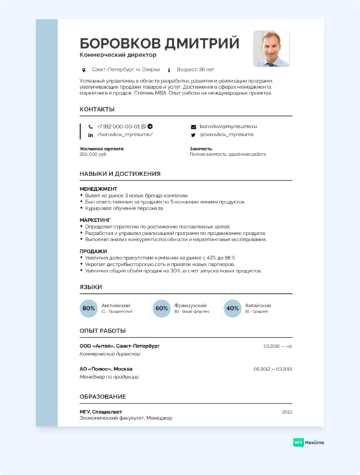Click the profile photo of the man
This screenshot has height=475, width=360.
click(x=271, y=49)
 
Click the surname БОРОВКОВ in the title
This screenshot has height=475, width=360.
click(x=119, y=43)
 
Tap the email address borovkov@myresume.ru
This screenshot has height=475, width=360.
click(x=228, y=127)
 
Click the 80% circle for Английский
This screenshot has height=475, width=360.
click(x=88, y=308)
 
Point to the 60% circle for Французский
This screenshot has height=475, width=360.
click(x=161, y=308)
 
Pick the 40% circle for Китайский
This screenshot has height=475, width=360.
click(x=233, y=308)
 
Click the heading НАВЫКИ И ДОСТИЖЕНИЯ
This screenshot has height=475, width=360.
click(x=120, y=174)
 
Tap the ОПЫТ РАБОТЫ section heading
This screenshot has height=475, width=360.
click(x=103, y=331)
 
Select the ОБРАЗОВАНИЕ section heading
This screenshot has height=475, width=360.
click(x=103, y=396)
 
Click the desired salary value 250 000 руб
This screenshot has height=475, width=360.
click(x=93, y=155)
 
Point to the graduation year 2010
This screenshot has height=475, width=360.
click(x=287, y=412)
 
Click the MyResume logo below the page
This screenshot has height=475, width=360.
click(x=309, y=443)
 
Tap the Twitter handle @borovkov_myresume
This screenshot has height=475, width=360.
click(x=226, y=135)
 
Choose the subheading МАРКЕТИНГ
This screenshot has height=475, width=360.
click(x=95, y=220)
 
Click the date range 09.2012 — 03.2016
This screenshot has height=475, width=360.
click(x=273, y=369)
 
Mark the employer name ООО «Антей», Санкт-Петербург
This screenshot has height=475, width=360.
click(x=119, y=346)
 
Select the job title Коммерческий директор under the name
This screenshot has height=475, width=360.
click(x=118, y=55)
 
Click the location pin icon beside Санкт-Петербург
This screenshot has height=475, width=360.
click(x=84, y=70)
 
